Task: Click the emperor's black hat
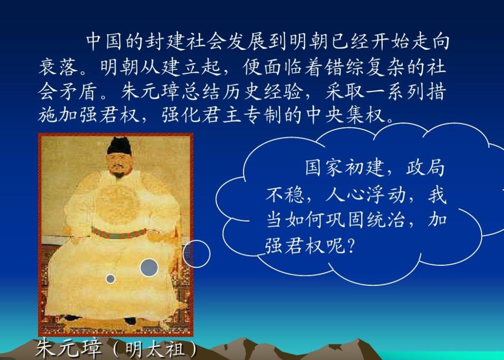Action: pyautogui.click(x=119, y=145)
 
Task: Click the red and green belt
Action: pyautogui.click(x=119, y=233)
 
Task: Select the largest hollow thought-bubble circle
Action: pyautogui.click(x=196, y=254)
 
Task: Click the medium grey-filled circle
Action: pyautogui.click(x=149, y=267)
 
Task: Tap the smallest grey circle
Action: pyautogui.click(x=110, y=279)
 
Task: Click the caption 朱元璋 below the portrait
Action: pyautogui.click(x=69, y=349)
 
